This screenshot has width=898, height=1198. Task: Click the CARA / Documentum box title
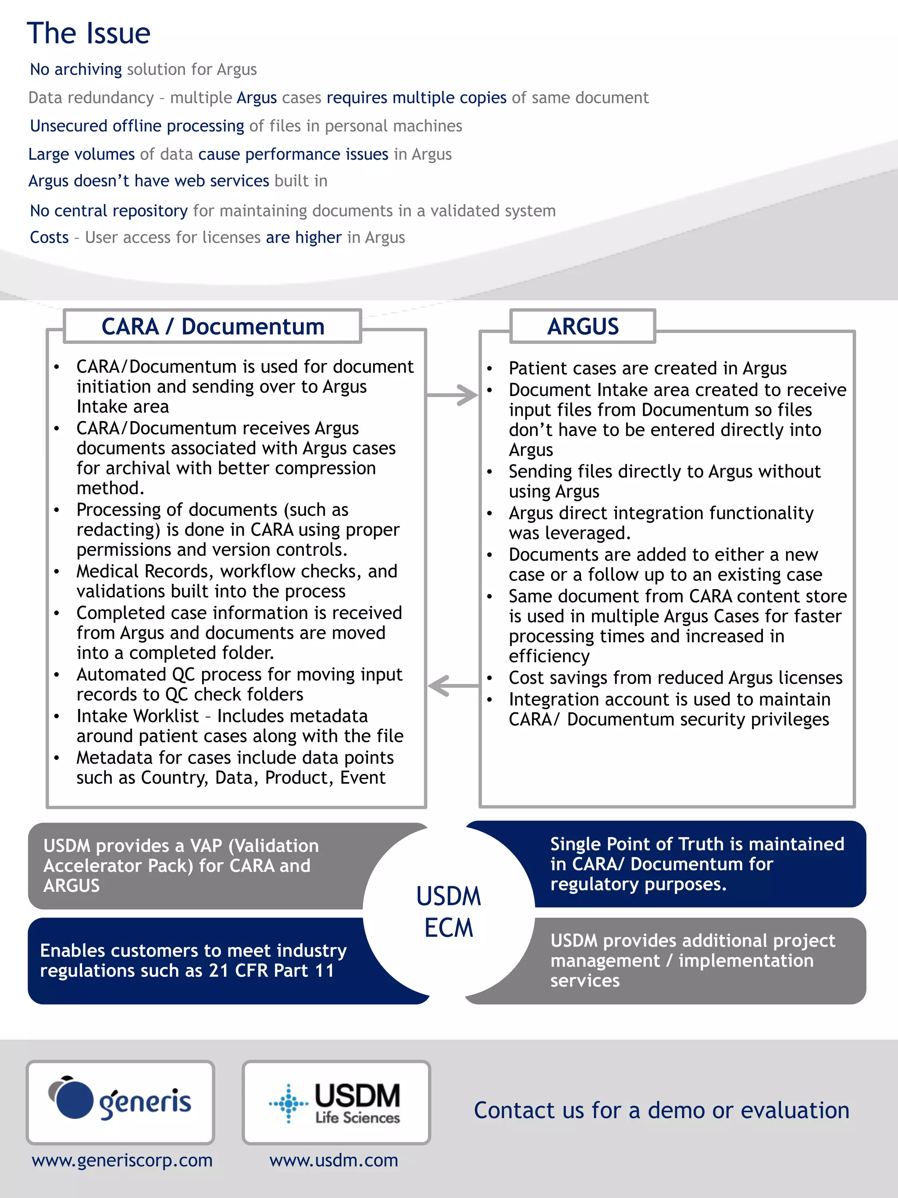click(213, 326)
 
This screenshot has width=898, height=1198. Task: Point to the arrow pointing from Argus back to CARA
click(453, 686)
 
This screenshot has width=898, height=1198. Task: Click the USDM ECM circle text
click(448, 912)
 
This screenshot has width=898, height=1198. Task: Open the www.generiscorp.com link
click(122, 1160)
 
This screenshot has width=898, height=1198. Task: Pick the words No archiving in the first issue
click(76, 69)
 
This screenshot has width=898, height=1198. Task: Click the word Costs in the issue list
click(49, 237)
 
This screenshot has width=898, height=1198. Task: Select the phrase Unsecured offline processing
click(137, 125)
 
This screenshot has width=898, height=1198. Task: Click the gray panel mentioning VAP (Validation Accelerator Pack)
click(189, 865)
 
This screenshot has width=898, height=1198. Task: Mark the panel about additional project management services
click(692, 960)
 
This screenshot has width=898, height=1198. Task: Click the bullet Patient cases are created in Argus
click(647, 368)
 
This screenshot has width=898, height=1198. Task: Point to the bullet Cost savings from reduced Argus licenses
click(675, 678)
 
